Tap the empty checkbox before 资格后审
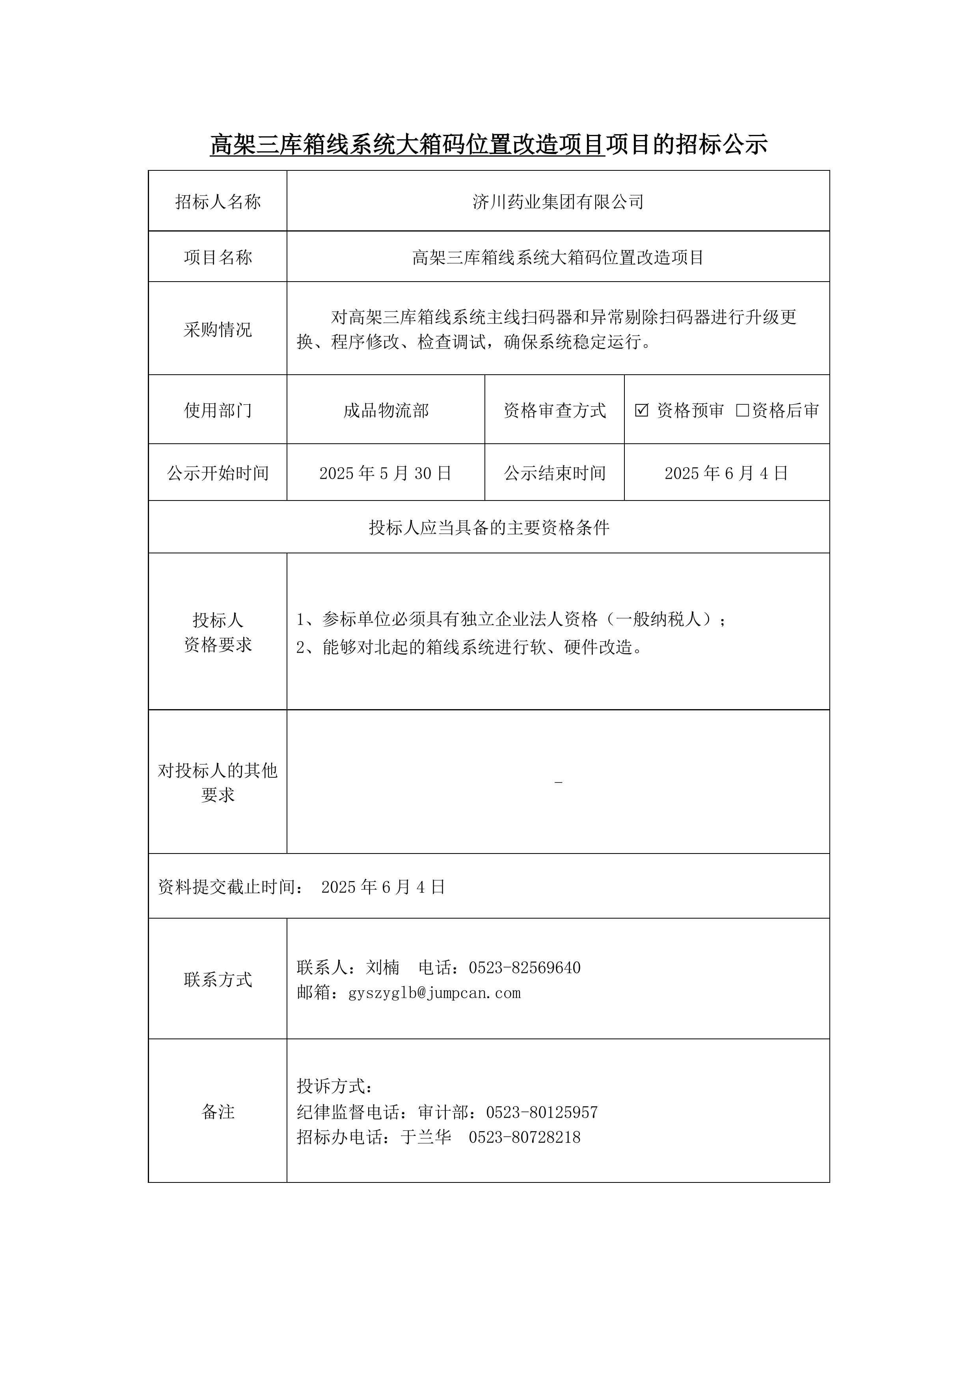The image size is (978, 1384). click(x=742, y=411)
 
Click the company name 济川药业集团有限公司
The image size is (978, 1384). click(x=558, y=202)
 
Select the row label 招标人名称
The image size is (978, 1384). click(x=218, y=202)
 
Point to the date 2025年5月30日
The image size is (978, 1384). click(x=385, y=473)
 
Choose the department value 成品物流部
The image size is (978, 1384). click(x=386, y=411)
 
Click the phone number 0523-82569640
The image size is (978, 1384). click(x=524, y=967)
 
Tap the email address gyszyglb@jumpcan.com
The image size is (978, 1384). click(x=434, y=993)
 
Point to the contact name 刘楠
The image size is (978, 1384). click(x=383, y=967)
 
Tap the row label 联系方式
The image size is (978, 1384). click(x=218, y=980)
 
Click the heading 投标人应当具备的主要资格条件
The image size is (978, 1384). click(x=489, y=528)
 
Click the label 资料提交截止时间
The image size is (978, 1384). click(x=231, y=887)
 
